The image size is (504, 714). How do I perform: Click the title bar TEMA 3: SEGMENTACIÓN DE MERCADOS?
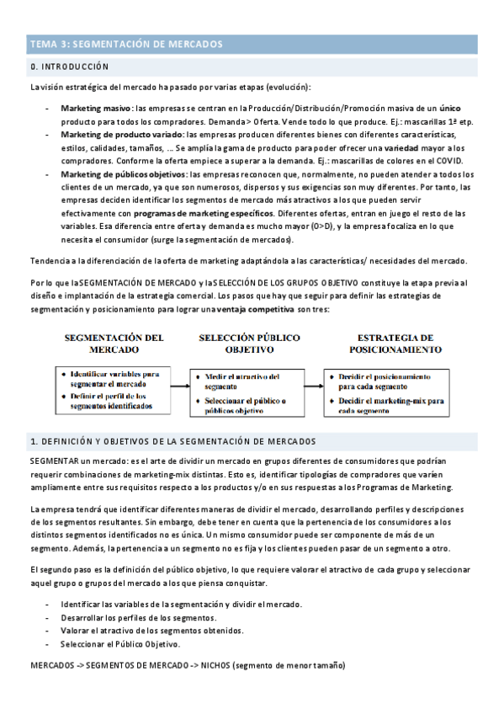pyautogui.click(x=126, y=45)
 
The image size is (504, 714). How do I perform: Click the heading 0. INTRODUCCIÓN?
pyautogui.click(x=70, y=66)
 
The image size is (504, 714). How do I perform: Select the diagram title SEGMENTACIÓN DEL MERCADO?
pyautogui.click(x=114, y=343)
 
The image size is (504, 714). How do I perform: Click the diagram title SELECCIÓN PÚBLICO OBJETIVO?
pyautogui.click(x=249, y=342)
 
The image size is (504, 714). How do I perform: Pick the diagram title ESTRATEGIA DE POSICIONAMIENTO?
pyautogui.click(x=383, y=343)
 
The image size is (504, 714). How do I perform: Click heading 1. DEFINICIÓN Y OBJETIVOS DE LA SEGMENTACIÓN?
pyautogui.click(x=172, y=441)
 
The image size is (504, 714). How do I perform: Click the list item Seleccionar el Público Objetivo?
pyautogui.click(x=119, y=644)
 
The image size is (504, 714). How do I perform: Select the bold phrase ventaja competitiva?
pyautogui.click(x=252, y=310)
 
